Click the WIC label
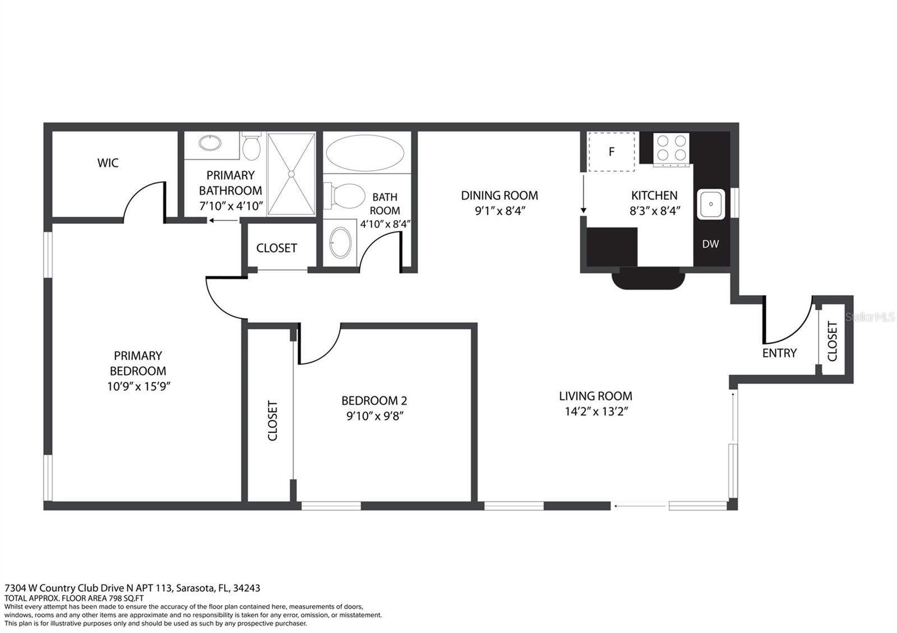(108, 163)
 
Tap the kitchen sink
(711, 204)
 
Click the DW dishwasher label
(710, 244)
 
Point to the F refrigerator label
(612, 152)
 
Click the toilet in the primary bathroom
(252, 146)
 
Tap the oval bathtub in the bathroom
(365, 153)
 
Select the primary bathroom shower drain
(291, 174)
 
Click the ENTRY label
(779, 353)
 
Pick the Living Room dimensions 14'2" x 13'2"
(597, 411)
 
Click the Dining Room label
(500, 196)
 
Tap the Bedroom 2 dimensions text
(374, 416)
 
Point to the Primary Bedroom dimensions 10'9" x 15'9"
(138, 386)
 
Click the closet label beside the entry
(832, 341)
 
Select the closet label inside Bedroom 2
(272, 421)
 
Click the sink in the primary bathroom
(210, 143)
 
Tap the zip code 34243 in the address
(246, 588)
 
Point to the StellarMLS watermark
(870, 317)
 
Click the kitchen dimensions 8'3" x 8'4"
(655, 211)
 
